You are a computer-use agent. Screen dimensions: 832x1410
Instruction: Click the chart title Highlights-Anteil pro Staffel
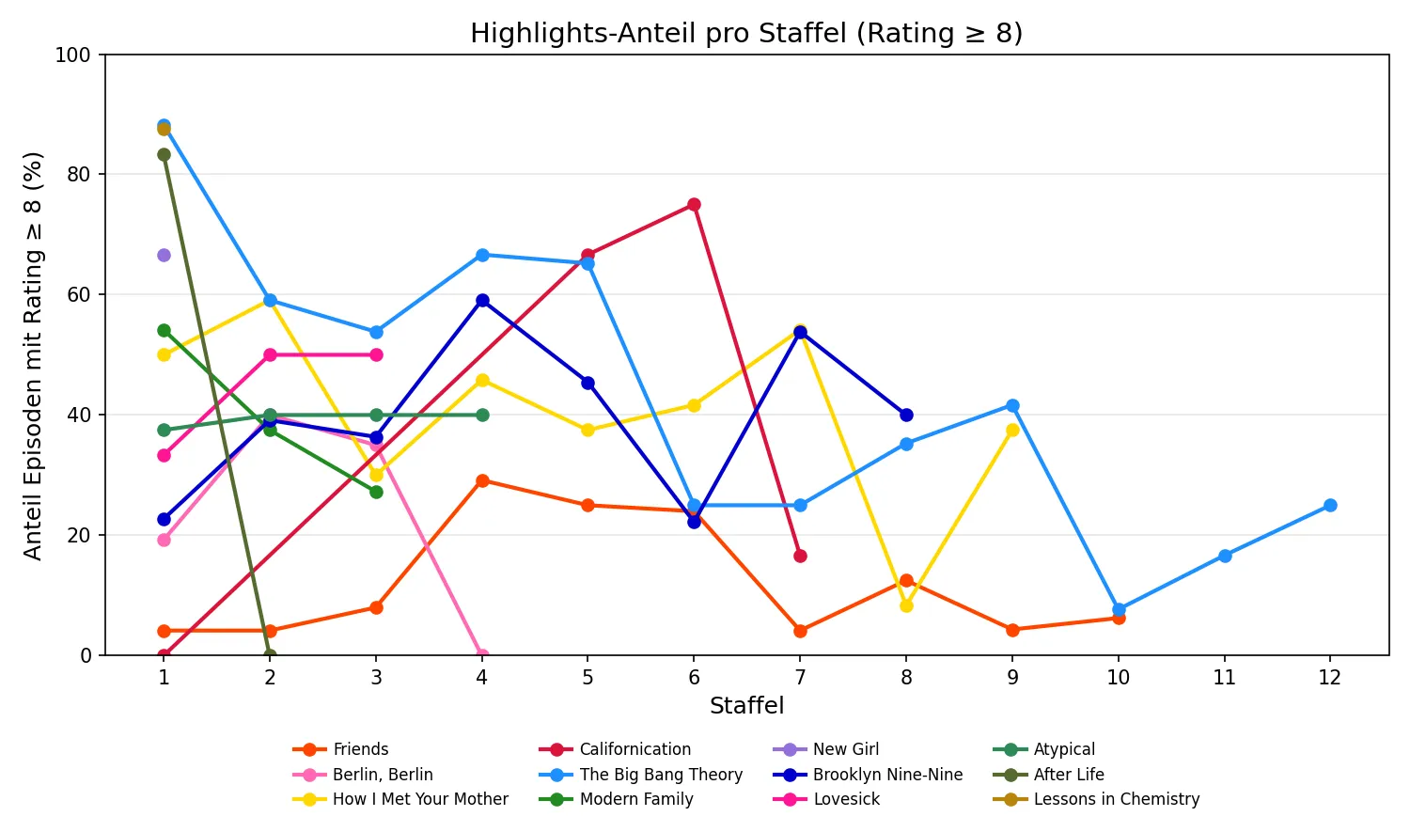pyautogui.click(x=746, y=34)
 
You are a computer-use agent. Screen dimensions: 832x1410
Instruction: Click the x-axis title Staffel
pyautogui.click(x=746, y=706)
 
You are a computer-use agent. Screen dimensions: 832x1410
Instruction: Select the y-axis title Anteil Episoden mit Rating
pyautogui.click(x=33, y=355)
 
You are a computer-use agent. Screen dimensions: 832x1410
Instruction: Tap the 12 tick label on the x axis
pyautogui.click(x=1329, y=678)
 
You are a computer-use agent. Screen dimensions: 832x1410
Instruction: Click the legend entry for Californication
pyautogui.click(x=634, y=749)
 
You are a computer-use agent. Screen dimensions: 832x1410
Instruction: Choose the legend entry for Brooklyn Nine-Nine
pyautogui.click(x=887, y=775)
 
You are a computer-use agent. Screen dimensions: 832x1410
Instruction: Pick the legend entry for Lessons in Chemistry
pyautogui.click(x=1116, y=799)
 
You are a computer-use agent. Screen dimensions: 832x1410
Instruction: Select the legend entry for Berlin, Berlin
pyautogui.click(x=383, y=775)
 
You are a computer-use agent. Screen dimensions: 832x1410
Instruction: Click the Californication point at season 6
pyautogui.click(x=694, y=205)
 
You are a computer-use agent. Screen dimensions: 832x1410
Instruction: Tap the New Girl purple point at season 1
pyautogui.click(x=164, y=255)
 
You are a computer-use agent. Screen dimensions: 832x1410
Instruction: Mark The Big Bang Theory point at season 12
pyautogui.click(x=1330, y=505)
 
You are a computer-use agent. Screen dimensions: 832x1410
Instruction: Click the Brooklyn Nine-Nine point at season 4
pyautogui.click(x=482, y=301)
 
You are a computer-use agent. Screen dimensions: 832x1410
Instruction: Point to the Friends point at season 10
pyautogui.click(x=1119, y=618)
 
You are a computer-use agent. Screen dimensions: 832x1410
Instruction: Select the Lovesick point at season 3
pyautogui.click(x=376, y=354)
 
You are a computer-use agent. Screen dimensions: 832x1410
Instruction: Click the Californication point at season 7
pyautogui.click(x=800, y=556)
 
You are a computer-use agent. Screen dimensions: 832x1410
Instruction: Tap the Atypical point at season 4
pyautogui.click(x=482, y=415)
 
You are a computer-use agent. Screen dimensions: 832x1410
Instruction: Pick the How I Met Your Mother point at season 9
pyautogui.click(x=1012, y=430)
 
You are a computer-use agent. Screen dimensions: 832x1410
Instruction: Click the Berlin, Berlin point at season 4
pyautogui.click(x=482, y=654)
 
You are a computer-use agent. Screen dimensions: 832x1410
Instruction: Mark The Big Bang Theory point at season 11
pyautogui.click(x=1225, y=556)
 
